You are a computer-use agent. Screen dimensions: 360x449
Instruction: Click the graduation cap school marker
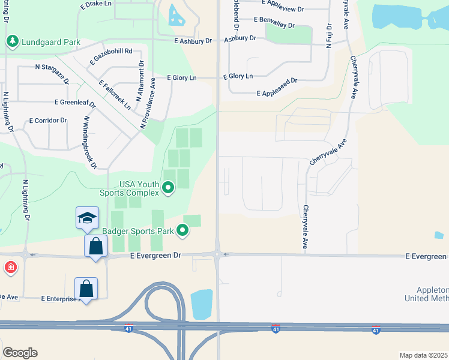coord(87,218)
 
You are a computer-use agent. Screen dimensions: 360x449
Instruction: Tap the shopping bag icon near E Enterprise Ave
coord(86,289)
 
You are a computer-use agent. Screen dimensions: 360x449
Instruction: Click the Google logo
coord(20,353)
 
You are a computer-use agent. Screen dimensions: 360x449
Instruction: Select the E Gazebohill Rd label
coord(111,56)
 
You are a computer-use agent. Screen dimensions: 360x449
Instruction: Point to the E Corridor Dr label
coord(48,121)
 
